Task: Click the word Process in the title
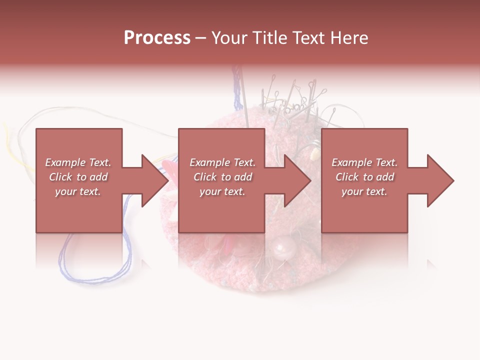(157, 38)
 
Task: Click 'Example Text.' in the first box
(78, 162)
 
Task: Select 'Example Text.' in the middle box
(222, 162)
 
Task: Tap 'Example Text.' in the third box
(364, 162)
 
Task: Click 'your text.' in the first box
(78, 191)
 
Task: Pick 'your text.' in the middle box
(222, 191)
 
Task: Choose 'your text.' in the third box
(364, 191)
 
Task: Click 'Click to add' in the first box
(78, 177)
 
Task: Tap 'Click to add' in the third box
(364, 177)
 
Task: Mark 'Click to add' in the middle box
(222, 177)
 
